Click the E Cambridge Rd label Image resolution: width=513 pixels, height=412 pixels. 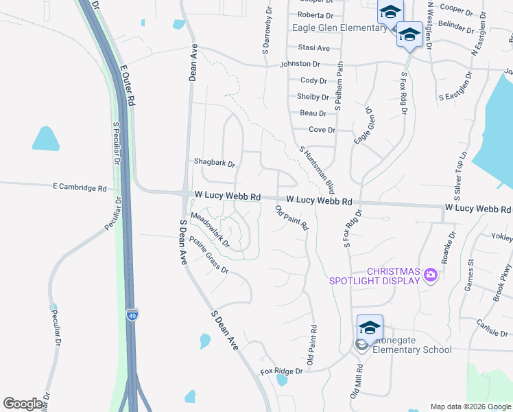(x=80, y=187)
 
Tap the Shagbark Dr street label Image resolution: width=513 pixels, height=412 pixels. (x=215, y=164)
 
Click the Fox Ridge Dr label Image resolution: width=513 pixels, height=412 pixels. (x=281, y=371)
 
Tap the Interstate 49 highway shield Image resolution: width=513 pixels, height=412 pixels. (x=132, y=315)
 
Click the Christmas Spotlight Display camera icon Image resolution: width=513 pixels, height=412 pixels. (x=431, y=275)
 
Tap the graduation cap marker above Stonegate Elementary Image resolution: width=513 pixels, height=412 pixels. (x=370, y=327)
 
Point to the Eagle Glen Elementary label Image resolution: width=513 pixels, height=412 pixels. (x=339, y=28)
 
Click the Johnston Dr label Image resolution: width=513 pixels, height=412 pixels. (x=300, y=64)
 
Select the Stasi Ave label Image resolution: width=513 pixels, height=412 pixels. (x=314, y=48)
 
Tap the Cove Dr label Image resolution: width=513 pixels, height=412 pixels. (x=322, y=130)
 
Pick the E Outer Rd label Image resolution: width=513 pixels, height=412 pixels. (x=128, y=86)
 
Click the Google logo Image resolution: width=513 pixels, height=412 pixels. (x=23, y=404)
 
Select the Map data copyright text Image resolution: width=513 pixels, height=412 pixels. (x=470, y=407)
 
